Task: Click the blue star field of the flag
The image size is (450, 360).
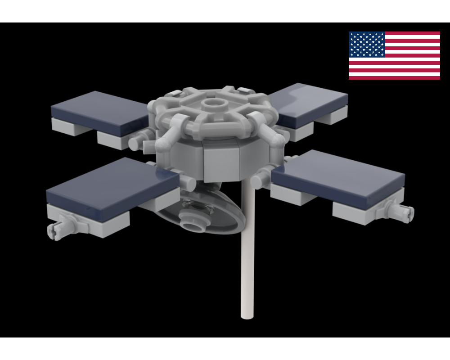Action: pyautogui.click(x=367, y=44)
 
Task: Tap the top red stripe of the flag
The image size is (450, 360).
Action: pyautogui.click(x=412, y=33)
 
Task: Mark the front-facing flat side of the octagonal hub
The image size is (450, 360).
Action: pyautogui.click(x=220, y=162)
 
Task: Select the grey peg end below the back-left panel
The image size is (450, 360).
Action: pyautogui.click(x=135, y=143)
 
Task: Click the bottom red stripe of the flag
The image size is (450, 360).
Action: pyautogui.click(x=394, y=77)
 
